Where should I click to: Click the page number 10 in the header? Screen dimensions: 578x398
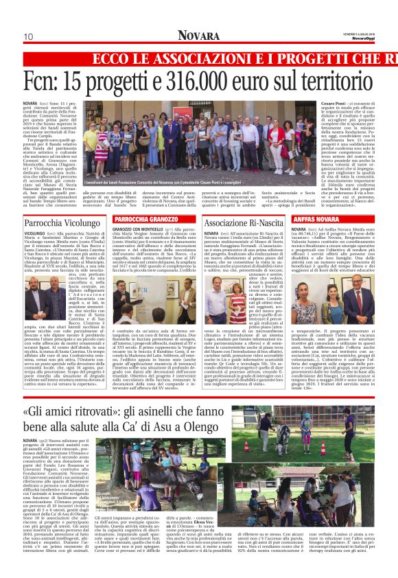pos(29,36)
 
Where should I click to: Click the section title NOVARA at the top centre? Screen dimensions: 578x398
pos(199,36)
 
